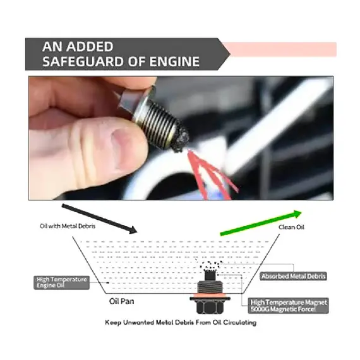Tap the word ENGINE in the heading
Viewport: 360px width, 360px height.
(174, 61)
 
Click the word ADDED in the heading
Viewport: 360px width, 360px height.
(90, 47)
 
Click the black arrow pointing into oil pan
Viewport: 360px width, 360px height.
(99, 219)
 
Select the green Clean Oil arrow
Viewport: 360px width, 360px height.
(261, 223)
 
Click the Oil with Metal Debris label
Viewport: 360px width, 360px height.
(68, 226)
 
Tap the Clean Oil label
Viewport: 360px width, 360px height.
(291, 227)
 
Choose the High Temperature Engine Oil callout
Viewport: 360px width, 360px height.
(61, 282)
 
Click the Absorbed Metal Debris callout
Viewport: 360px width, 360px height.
(294, 276)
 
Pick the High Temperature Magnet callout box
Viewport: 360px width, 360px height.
(289, 306)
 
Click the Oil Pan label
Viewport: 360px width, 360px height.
(121, 301)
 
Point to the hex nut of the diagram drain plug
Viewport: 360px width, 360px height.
(210, 307)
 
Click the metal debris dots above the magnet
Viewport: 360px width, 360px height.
(210, 265)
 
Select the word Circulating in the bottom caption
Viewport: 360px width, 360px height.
(240, 323)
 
